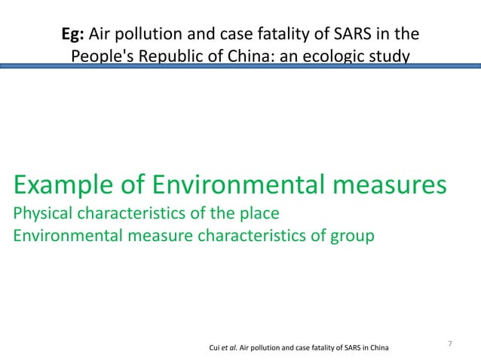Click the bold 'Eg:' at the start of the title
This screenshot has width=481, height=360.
tap(74, 35)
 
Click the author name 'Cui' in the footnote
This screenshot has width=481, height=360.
tap(213, 347)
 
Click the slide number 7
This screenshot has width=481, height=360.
tap(449, 344)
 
